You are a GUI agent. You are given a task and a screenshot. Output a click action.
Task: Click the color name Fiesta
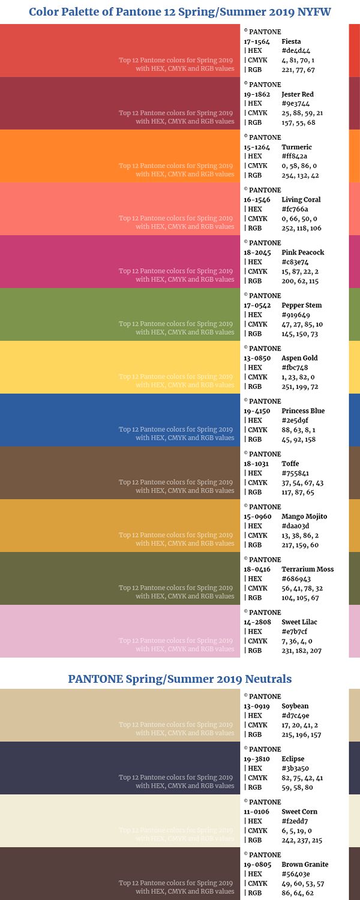291,41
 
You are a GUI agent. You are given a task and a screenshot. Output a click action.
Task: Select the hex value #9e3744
296,104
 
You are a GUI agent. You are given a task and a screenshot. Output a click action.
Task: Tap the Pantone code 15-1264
256,147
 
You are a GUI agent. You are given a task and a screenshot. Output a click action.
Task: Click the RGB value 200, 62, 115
300,281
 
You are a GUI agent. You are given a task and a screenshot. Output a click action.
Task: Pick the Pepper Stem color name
301,305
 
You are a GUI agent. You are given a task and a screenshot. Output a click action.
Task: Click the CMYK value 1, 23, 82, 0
298,377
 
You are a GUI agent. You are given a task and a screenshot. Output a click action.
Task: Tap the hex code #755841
295,473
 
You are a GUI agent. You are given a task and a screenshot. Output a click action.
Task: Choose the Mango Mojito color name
304,517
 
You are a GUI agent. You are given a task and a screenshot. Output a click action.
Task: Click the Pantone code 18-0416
256,569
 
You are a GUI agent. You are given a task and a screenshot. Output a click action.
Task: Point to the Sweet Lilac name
299,622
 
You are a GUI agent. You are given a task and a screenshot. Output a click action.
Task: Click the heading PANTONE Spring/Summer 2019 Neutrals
180,679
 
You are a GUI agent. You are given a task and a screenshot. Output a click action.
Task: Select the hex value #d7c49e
295,716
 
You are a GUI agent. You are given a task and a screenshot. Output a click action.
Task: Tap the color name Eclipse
293,759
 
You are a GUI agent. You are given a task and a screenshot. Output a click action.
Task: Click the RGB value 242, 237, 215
301,840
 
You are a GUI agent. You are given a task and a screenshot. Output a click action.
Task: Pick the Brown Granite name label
305,865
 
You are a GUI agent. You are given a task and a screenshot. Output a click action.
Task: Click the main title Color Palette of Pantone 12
180,12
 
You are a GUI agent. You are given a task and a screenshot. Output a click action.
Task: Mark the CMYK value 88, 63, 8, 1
298,430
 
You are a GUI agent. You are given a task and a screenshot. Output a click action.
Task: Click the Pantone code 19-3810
256,759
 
